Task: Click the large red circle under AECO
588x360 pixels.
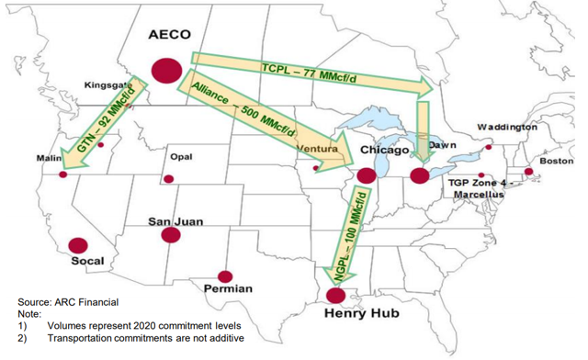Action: (x=166, y=70)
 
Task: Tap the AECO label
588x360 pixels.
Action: (x=169, y=35)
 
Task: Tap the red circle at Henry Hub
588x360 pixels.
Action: (x=337, y=295)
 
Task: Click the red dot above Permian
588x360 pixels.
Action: (x=223, y=275)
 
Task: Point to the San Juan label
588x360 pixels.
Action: (x=175, y=222)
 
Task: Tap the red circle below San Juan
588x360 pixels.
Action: (x=170, y=235)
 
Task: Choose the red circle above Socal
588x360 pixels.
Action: (x=78, y=246)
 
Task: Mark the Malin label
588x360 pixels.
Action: (x=49, y=158)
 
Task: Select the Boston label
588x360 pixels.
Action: (x=556, y=161)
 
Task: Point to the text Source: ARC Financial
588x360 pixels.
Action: (x=68, y=302)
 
